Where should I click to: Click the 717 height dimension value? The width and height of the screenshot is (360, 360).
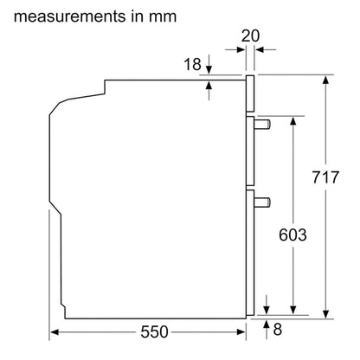pyautogui.click(x=325, y=177)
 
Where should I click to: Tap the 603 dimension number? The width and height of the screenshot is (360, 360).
pyautogui.click(x=292, y=235)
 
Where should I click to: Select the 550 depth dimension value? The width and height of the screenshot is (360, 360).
pyautogui.click(x=154, y=331)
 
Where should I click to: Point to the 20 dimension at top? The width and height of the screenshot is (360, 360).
pyautogui.click(x=250, y=35)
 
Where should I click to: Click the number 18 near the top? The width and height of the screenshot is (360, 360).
pyautogui.click(x=192, y=64)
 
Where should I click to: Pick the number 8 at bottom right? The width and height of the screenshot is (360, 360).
pyautogui.click(x=277, y=329)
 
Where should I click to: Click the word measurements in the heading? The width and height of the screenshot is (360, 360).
pyautogui.click(x=70, y=16)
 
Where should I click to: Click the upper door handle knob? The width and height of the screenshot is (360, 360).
pyautogui.click(x=262, y=125)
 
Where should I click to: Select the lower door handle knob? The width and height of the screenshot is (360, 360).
pyautogui.click(x=262, y=202)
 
